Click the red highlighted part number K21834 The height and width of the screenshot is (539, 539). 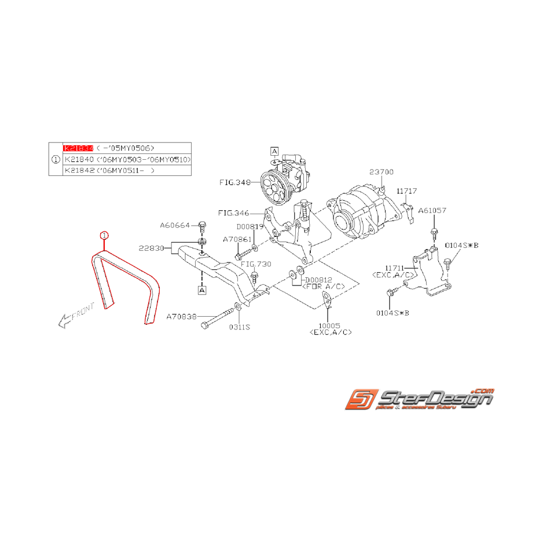click(x=78, y=148)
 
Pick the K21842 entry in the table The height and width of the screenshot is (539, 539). click(x=79, y=171)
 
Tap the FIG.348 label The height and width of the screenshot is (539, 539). click(x=234, y=182)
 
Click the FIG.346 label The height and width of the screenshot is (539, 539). click(x=233, y=213)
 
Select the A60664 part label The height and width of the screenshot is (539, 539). click(x=175, y=225)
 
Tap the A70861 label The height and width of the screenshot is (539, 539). click(x=237, y=239)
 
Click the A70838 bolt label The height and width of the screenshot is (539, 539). click(x=182, y=317)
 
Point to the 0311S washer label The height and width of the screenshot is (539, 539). click(x=239, y=327)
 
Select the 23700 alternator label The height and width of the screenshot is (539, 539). click(x=382, y=172)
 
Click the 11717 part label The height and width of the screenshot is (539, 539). click(x=407, y=190)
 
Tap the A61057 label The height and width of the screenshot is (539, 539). click(x=432, y=211)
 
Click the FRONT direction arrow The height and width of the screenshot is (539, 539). click(x=71, y=318)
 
